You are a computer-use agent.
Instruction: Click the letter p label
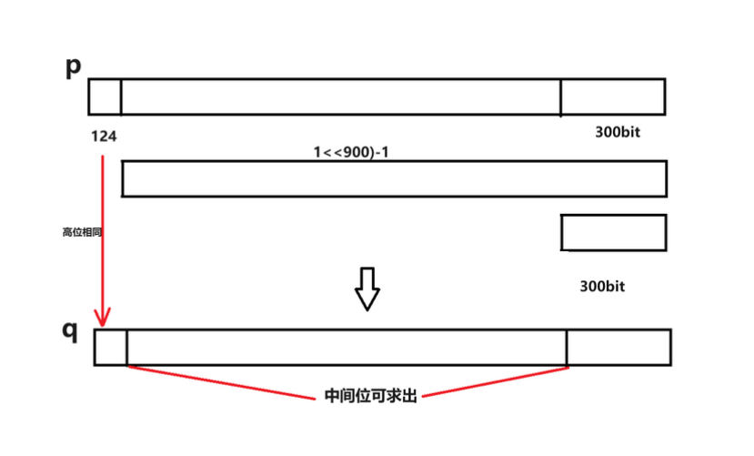point(74,67)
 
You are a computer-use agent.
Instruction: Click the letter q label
point(70,329)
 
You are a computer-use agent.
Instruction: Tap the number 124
point(104,137)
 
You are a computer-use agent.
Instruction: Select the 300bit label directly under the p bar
point(618,132)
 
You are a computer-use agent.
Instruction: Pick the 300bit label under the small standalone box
point(602,286)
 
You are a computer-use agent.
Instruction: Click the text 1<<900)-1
point(350,152)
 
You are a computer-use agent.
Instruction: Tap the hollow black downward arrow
point(367,289)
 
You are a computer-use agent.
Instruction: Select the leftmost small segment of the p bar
point(105,96)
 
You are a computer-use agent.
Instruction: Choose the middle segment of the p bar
point(340,96)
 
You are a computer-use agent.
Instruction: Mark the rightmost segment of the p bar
point(612,96)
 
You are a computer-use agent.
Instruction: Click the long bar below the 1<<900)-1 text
point(394,178)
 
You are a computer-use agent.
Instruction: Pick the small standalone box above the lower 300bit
point(614,232)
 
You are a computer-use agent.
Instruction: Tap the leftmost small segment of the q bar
point(111,348)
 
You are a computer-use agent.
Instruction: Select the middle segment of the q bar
point(347,348)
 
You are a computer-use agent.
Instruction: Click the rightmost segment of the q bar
point(618,348)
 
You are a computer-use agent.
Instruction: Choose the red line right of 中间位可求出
point(496,381)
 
